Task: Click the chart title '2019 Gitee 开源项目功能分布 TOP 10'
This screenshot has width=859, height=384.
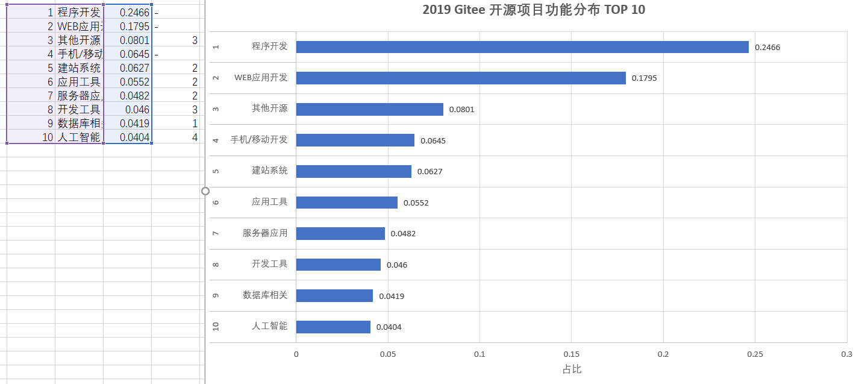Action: click(534, 10)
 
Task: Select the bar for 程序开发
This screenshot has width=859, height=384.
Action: click(522, 47)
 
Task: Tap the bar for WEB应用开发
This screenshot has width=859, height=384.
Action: click(460, 78)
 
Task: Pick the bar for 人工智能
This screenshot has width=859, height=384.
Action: click(333, 327)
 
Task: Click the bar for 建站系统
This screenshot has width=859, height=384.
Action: click(353, 171)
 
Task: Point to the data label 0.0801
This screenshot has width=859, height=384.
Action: click(461, 110)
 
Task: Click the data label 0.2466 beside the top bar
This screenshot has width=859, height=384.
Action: click(767, 48)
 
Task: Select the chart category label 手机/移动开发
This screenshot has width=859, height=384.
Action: click(259, 140)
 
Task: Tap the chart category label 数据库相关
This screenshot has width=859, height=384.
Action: click(265, 295)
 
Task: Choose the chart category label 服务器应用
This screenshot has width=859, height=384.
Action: click(265, 233)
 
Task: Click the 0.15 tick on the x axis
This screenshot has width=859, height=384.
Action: click(571, 354)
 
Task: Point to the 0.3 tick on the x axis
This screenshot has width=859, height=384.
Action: click(846, 354)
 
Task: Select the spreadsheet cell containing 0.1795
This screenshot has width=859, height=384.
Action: click(128, 27)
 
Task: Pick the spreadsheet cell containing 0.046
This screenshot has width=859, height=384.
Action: click(128, 110)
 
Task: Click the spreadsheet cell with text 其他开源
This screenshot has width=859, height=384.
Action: click(79, 40)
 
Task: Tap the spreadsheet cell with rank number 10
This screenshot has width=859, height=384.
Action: click(31, 137)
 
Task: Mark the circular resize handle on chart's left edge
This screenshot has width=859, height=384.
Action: click(205, 190)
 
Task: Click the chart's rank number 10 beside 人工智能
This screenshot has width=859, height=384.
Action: click(216, 327)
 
